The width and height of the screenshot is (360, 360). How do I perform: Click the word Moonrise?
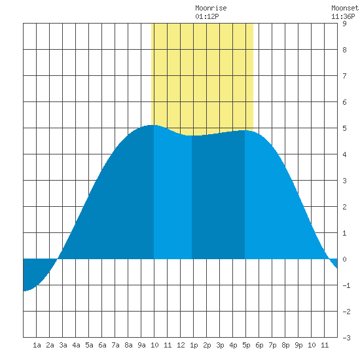click(211, 8)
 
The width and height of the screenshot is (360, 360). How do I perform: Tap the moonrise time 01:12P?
click(207, 16)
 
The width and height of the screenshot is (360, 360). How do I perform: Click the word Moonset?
click(345, 8)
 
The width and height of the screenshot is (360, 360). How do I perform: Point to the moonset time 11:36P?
click(343, 16)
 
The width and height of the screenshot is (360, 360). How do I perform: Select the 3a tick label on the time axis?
click(63, 345)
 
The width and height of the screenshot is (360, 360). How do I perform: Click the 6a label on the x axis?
click(102, 345)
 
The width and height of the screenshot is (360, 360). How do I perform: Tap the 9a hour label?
click(141, 345)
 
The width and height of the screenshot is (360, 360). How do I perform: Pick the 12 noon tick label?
click(181, 345)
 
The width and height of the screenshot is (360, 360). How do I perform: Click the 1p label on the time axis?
click(194, 345)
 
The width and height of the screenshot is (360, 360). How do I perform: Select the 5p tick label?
click(246, 345)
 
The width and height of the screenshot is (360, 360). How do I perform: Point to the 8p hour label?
click(285, 345)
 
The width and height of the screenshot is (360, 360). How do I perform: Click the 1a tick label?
click(37, 345)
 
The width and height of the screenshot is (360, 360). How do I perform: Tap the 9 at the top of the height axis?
click(344, 24)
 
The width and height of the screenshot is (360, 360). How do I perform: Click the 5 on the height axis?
click(344, 128)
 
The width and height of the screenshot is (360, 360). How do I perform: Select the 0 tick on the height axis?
click(344, 259)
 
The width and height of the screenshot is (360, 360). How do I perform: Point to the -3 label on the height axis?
click(346, 338)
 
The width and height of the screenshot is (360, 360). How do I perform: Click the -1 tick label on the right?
click(346, 285)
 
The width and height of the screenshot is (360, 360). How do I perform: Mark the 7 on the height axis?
click(344, 76)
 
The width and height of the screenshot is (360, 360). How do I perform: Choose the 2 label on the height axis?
click(344, 207)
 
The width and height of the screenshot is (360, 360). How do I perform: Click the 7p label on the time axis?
click(272, 345)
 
